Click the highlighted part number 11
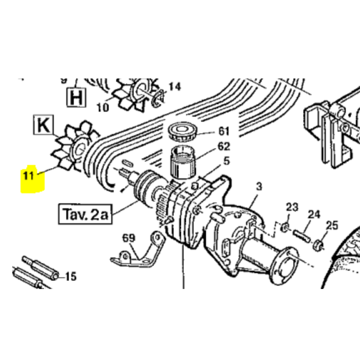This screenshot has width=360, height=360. [29, 175]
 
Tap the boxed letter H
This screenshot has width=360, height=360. [76, 97]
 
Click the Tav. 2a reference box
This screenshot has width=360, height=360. [84, 214]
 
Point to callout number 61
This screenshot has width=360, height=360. [224, 131]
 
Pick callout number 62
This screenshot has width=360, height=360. [224, 146]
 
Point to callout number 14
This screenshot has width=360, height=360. [174, 86]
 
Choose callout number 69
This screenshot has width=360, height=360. [129, 238]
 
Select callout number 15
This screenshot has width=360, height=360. [71, 276]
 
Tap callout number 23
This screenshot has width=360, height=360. [292, 207]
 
